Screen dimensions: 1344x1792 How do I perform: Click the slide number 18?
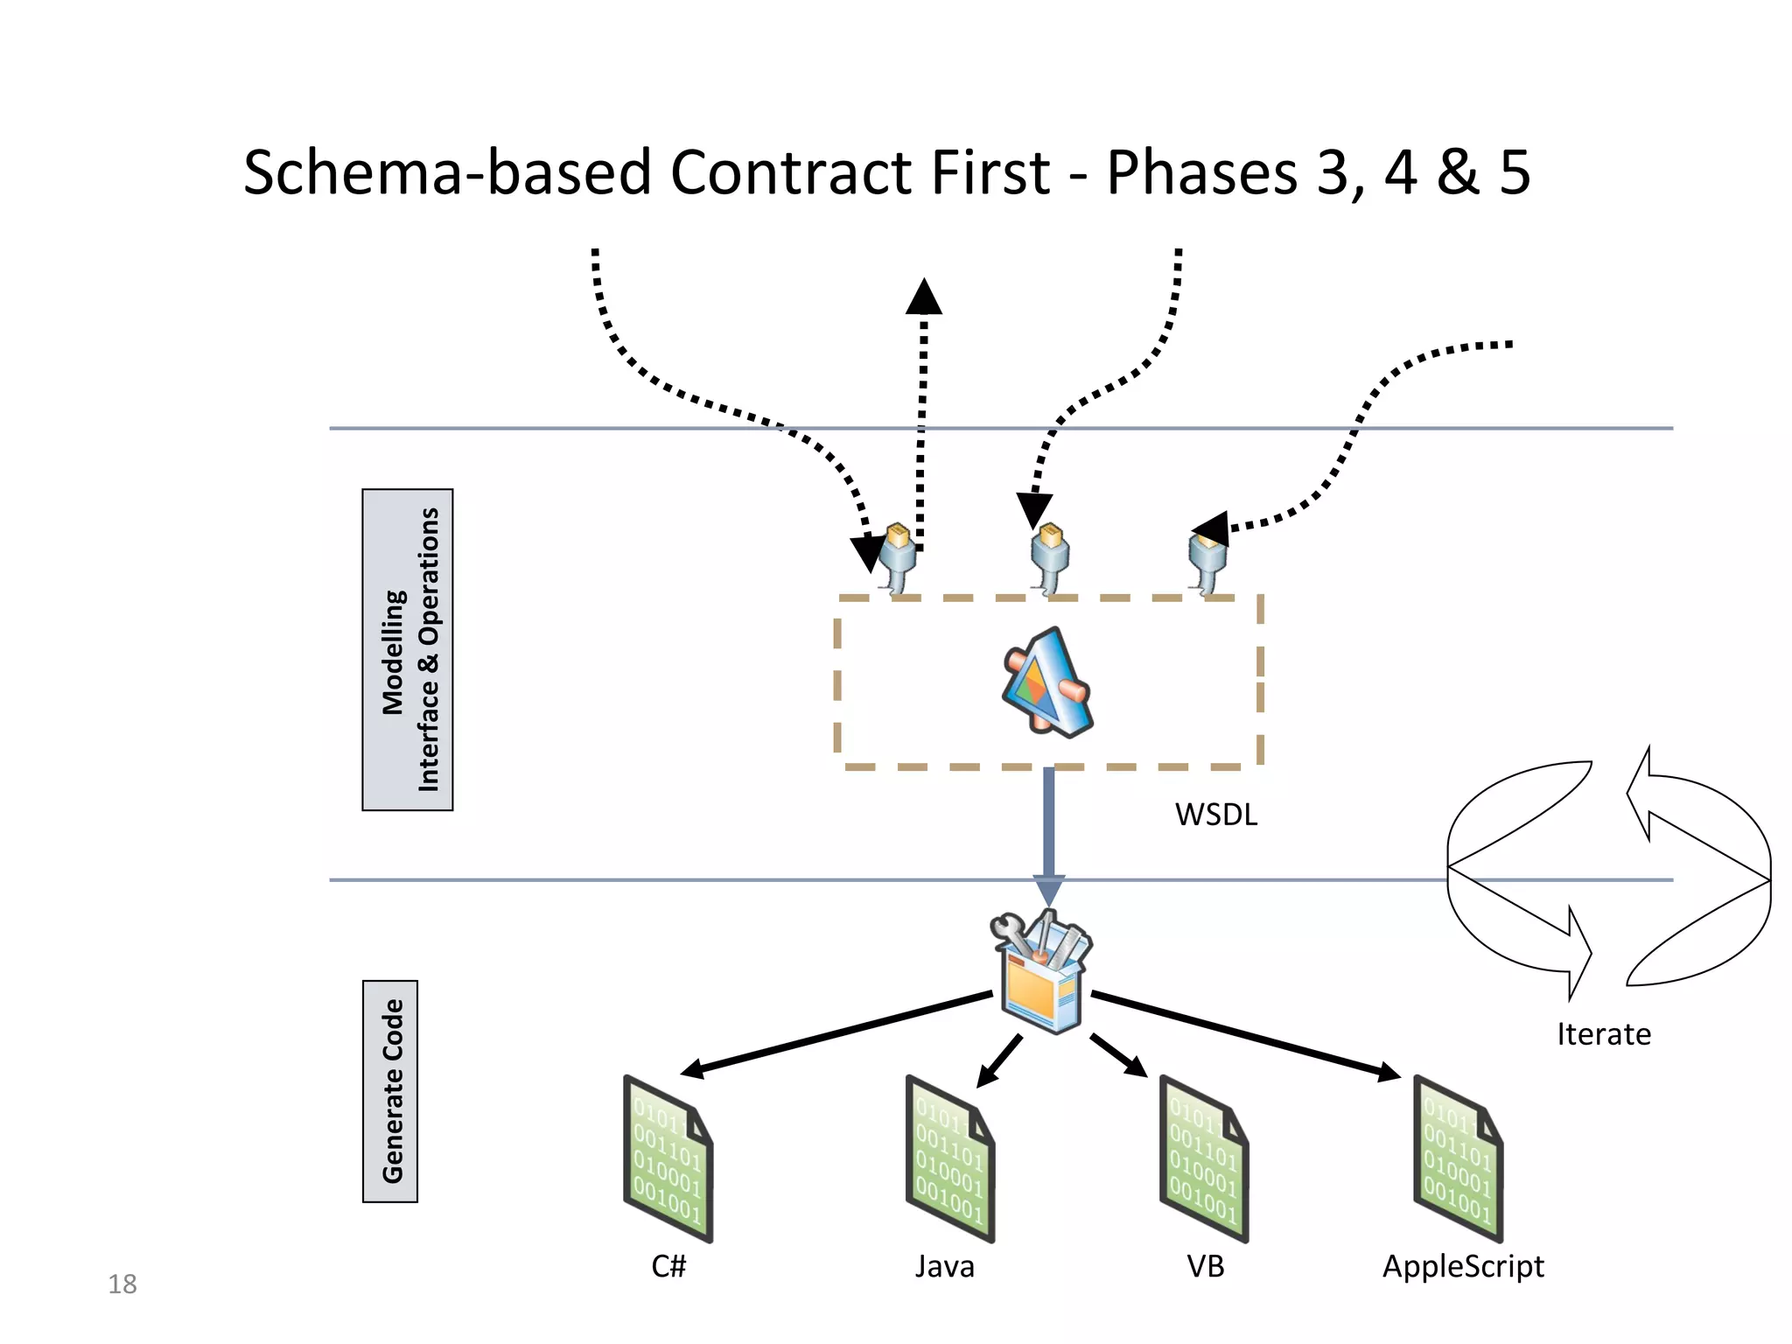click(x=122, y=1284)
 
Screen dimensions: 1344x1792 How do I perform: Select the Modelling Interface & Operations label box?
click(x=408, y=649)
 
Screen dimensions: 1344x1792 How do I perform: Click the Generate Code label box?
click(x=390, y=1091)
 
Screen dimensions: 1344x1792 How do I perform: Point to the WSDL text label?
click(x=1215, y=815)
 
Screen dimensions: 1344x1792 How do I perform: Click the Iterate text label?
click(x=1603, y=1034)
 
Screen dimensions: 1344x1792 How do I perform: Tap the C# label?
click(x=668, y=1266)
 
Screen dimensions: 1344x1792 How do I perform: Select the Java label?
click(x=944, y=1266)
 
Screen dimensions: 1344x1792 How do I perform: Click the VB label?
click(x=1205, y=1266)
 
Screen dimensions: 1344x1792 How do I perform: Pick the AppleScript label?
click(x=1463, y=1266)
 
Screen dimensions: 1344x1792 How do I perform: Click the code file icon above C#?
click(x=668, y=1159)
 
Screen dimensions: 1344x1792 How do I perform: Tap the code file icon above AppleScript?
click(x=1457, y=1159)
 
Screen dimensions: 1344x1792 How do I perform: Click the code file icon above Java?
click(x=949, y=1159)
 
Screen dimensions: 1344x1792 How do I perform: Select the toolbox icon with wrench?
click(x=1042, y=971)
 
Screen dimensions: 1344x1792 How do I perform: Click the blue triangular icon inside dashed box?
click(x=1046, y=682)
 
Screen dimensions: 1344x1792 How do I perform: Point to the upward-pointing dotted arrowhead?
click(x=924, y=297)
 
